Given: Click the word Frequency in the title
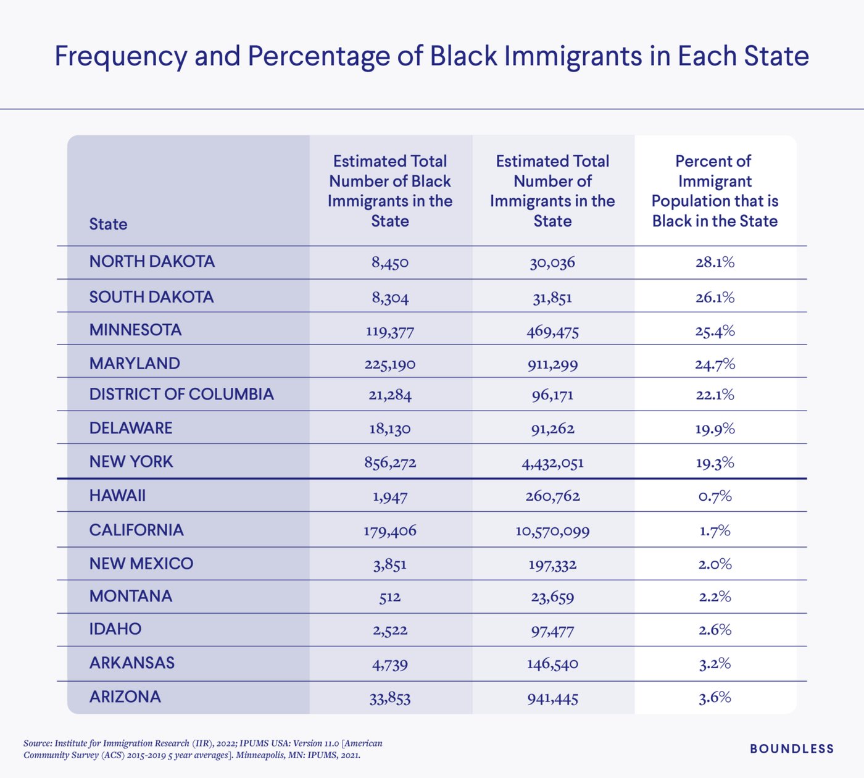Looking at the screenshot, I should [120, 56].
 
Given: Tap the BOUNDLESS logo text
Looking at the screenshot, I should [792, 749].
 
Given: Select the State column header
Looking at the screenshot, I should [108, 224].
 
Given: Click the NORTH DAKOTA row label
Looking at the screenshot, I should [152, 262].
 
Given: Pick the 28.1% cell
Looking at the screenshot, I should [715, 262].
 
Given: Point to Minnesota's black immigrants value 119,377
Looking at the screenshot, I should [389, 332].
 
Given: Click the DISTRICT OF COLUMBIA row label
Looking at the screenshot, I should [181, 395].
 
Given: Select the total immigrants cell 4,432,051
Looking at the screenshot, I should [552, 463].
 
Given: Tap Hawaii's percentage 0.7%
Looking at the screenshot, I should [715, 496].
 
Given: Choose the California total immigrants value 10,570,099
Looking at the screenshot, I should [552, 531].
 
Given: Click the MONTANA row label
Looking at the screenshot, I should [131, 596].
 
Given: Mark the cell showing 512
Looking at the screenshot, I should [389, 598].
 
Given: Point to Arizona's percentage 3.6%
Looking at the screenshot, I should [715, 698].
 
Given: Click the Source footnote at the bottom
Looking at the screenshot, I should [203, 749].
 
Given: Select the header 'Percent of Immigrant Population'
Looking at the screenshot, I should [715, 191].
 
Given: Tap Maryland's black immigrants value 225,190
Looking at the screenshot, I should [389, 364].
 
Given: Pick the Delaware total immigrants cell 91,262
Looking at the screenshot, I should [552, 429].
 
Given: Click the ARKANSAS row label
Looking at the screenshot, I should [132, 663].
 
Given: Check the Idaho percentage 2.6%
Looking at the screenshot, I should [715, 630].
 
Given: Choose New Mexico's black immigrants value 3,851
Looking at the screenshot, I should [389, 564].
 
